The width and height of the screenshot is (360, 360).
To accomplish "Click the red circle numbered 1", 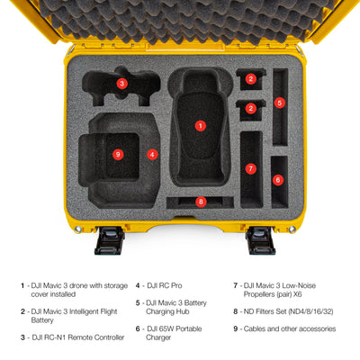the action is (x=201, y=126).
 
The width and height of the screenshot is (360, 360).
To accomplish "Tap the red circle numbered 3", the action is (x=121, y=84).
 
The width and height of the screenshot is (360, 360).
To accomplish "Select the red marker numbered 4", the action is (x=152, y=155).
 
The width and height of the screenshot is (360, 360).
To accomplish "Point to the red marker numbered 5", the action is (x=280, y=103).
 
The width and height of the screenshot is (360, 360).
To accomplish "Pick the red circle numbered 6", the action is (x=278, y=180).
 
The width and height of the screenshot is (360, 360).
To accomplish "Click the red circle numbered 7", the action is (x=251, y=168).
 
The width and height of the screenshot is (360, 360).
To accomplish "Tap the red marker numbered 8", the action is (x=201, y=202).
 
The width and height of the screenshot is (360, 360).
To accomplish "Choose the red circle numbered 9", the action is (x=118, y=155).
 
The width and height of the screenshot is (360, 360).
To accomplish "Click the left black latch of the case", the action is (x=110, y=240).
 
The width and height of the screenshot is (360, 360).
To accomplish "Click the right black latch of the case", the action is (x=260, y=240).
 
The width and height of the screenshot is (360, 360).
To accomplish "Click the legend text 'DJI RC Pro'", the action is (x=165, y=285).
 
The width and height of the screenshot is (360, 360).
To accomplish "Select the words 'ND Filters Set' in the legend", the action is (x=265, y=311).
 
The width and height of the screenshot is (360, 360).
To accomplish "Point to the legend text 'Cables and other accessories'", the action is (x=290, y=328).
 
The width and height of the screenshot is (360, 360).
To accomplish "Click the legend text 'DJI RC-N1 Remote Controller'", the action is (x=78, y=337).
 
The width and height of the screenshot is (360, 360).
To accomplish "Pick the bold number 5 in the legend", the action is (x=138, y=303).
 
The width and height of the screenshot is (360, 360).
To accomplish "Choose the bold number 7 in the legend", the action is (x=236, y=285).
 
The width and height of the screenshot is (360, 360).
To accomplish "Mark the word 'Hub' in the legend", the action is (x=183, y=311).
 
